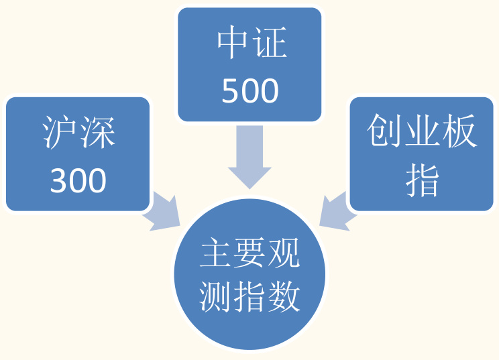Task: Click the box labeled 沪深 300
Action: [x=78, y=154]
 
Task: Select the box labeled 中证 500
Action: [x=249, y=65]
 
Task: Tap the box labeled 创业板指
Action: [x=422, y=154]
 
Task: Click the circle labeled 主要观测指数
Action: [x=249, y=275]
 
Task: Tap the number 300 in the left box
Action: [x=78, y=180]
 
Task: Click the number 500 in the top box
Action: [x=249, y=91]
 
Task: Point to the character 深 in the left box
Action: [x=97, y=132]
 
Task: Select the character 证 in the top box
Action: [x=269, y=44]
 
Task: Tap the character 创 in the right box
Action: [x=384, y=132]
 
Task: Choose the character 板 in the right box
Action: [x=459, y=132]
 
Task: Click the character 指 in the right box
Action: [x=422, y=180]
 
